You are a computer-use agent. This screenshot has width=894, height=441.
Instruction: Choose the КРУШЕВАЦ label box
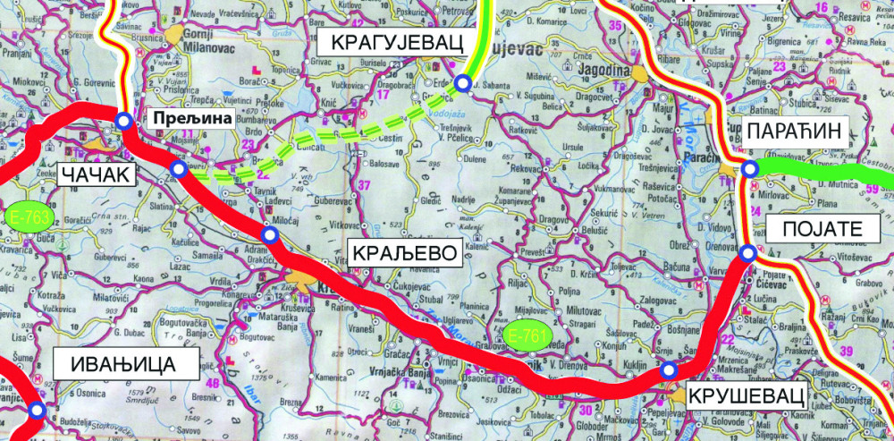(x=741, y=394)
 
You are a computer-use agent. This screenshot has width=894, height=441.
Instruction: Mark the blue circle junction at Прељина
(x=123, y=121)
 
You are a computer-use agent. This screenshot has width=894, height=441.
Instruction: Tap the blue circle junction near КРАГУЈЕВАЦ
(x=462, y=84)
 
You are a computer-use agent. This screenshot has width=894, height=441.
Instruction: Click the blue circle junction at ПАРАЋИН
(x=749, y=169)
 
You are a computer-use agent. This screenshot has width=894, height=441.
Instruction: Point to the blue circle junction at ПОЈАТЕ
(x=748, y=255)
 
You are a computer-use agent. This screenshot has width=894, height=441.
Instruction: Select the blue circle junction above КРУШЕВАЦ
(x=667, y=370)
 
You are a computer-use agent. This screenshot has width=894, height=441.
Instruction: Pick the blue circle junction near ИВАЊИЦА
(x=36, y=411)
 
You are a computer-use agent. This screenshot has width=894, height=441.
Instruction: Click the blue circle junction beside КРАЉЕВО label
(x=269, y=234)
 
